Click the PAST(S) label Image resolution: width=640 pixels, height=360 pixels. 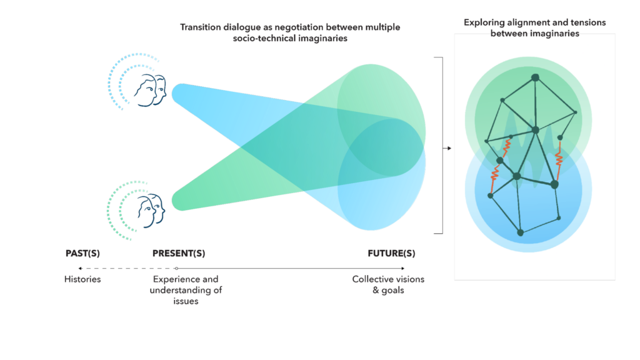[x=82, y=254]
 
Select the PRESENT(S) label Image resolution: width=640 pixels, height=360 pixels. [x=179, y=254]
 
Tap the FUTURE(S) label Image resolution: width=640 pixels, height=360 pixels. [x=391, y=254]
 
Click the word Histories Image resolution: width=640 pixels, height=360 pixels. [x=82, y=279]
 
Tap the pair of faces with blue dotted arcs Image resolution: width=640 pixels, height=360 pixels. [x=150, y=90]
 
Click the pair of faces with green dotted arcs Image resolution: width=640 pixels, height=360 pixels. [x=151, y=211]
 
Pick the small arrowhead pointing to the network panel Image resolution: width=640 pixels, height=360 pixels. [x=449, y=148]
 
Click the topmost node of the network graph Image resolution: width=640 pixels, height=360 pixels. [x=535, y=77]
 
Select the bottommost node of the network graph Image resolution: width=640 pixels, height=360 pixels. [x=521, y=232]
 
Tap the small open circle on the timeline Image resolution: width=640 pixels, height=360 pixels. [x=176, y=269]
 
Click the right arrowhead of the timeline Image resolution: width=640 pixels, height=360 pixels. [x=403, y=269]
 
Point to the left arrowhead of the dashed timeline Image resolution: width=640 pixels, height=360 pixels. [x=81, y=269]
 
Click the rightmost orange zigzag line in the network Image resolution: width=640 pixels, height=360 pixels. [x=559, y=161]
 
